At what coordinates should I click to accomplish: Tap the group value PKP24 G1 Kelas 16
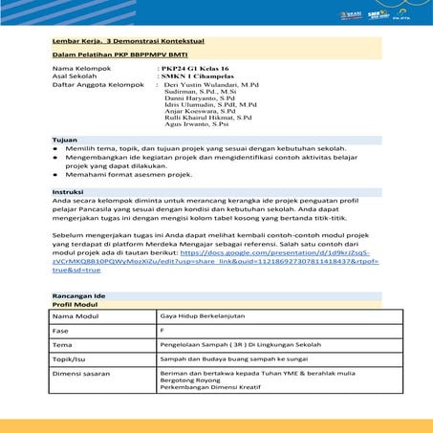pos(196,70)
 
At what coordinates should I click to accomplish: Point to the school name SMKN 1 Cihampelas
pos(200,77)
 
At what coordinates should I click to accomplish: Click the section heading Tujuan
pos(65,140)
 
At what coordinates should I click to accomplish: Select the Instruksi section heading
pos(68,192)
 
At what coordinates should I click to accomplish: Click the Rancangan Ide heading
pos(80,295)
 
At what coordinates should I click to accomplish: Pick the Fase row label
pos(62,330)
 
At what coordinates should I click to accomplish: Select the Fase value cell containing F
pos(162,329)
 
